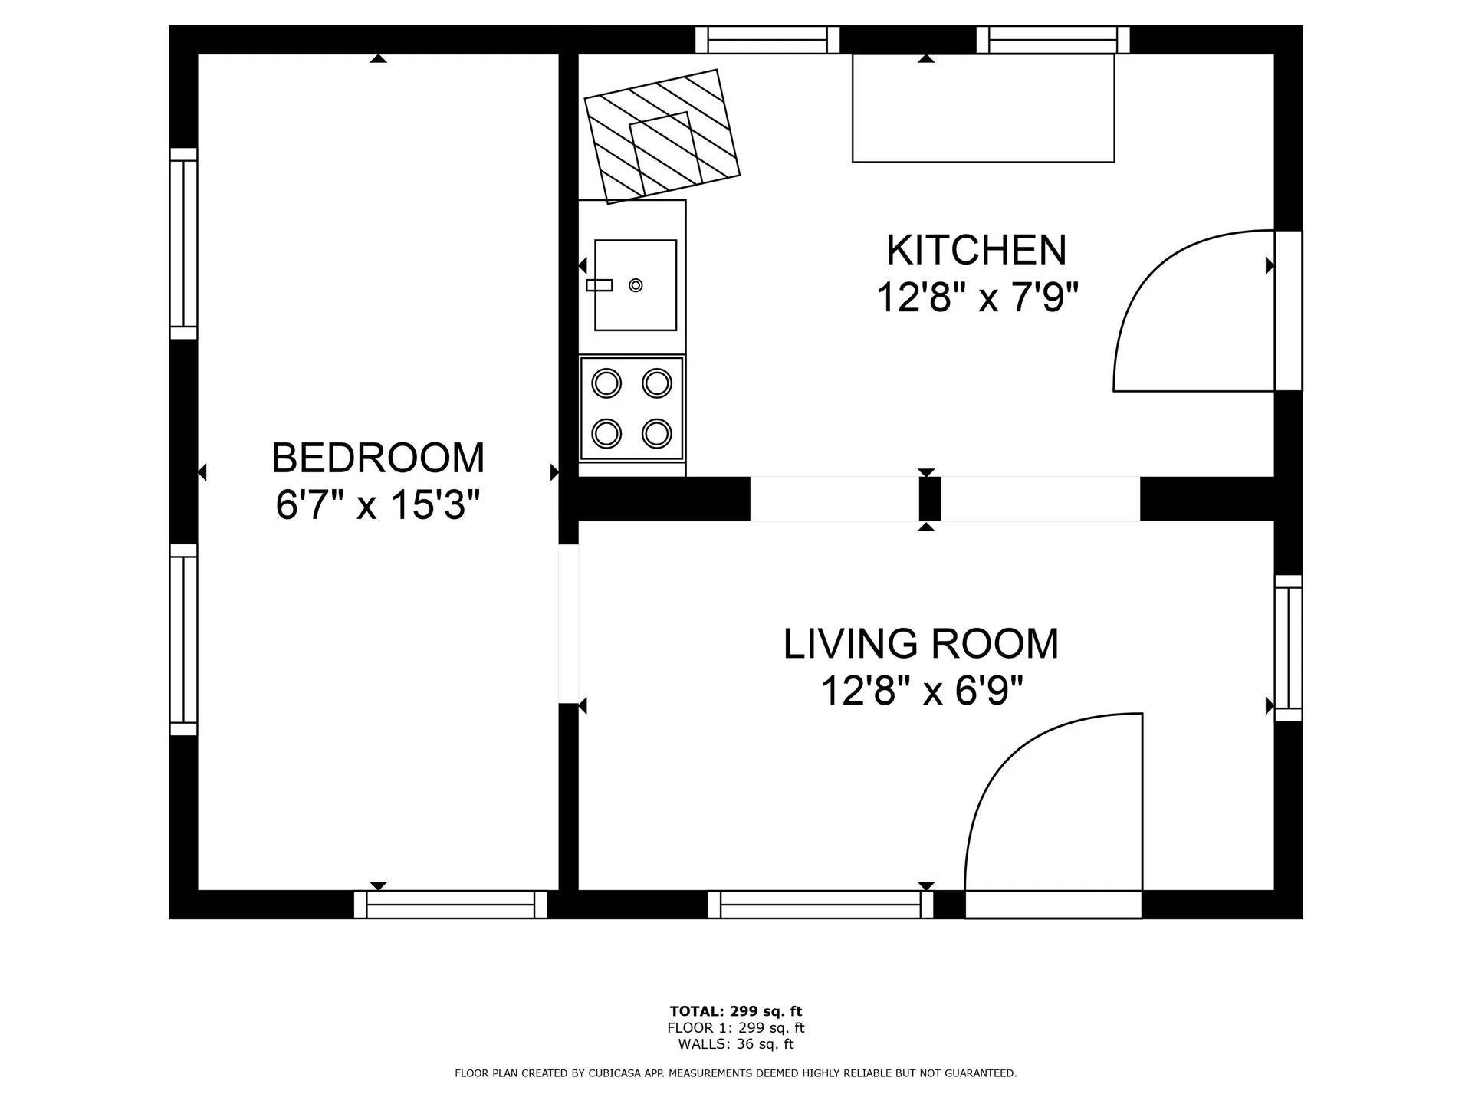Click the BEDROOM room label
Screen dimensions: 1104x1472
(378, 458)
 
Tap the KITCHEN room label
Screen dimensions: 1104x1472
(976, 250)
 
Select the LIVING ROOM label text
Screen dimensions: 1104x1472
(921, 644)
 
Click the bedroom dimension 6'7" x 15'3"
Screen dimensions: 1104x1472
(378, 505)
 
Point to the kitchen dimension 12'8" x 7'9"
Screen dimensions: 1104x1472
(978, 297)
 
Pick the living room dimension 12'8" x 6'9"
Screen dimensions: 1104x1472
(922, 691)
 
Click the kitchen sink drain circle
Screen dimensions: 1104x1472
(636, 285)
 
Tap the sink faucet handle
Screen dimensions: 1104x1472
(600, 285)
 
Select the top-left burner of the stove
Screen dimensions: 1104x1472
(606, 383)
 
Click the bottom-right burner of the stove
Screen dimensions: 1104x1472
(657, 433)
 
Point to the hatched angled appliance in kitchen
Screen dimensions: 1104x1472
(662, 136)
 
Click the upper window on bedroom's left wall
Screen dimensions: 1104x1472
(183, 243)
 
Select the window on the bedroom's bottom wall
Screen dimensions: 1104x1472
(451, 905)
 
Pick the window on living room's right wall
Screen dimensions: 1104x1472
(1288, 648)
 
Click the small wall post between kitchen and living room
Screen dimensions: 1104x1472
(930, 499)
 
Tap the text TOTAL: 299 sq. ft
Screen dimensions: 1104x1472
(735, 1011)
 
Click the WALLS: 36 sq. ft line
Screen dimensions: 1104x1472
(735, 1044)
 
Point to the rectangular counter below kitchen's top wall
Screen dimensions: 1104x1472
(983, 108)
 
